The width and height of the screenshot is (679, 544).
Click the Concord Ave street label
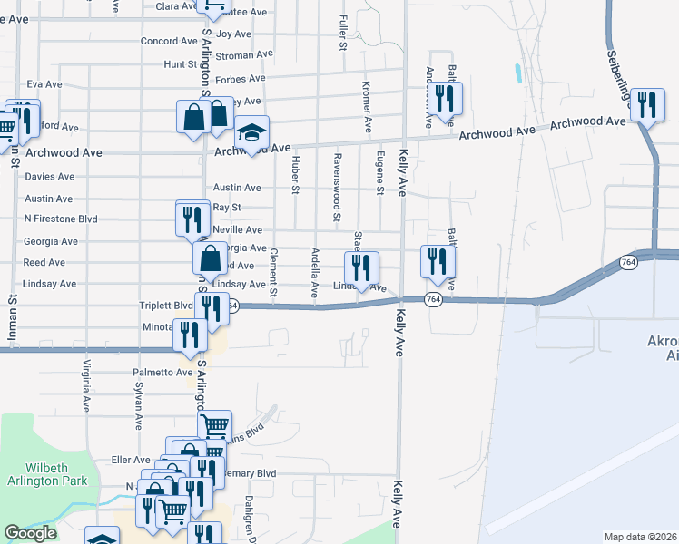(x=169, y=42)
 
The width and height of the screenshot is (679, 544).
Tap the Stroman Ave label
(x=244, y=55)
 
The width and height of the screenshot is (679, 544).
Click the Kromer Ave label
(x=367, y=107)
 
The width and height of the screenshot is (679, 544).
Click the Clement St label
(x=272, y=275)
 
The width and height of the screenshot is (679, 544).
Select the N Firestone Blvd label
(x=61, y=219)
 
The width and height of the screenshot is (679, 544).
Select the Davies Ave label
(x=50, y=177)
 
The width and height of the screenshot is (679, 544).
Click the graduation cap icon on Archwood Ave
(x=251, y=132)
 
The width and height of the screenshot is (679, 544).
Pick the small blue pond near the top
(x=517, y=73)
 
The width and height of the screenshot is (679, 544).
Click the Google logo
(x=30, y=533)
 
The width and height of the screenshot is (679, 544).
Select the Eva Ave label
(x=44, y=84)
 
